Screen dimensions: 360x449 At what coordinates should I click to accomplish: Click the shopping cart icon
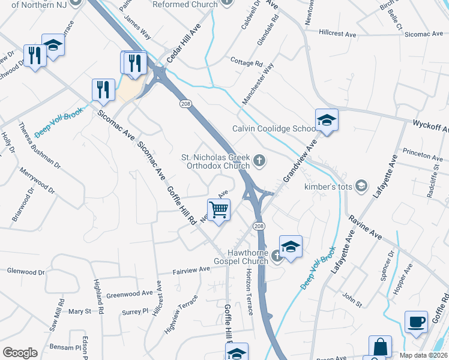(x=219, y=210)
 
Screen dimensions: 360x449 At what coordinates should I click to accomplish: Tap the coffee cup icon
(x=416, y=321)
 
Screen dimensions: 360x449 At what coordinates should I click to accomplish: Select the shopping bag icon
(x=380, y=346)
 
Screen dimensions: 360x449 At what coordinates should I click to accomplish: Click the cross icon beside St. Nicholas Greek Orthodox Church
(x=259, y=160)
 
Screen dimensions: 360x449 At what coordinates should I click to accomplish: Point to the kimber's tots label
(x=328, y=187)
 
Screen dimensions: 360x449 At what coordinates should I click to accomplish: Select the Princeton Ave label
(x=423, y=155)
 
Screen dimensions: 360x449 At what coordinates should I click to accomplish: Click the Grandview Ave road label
(x=300, y=161)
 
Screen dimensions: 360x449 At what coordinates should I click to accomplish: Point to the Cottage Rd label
(x=247, y=62)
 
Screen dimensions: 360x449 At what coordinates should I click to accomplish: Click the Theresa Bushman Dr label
(x=40, y=145)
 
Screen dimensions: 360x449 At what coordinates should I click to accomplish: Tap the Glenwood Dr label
(x=26, y=272)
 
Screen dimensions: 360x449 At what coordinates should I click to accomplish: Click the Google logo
(x=20, y=352)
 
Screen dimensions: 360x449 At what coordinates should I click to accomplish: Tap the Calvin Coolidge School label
(x=274, y=129)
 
